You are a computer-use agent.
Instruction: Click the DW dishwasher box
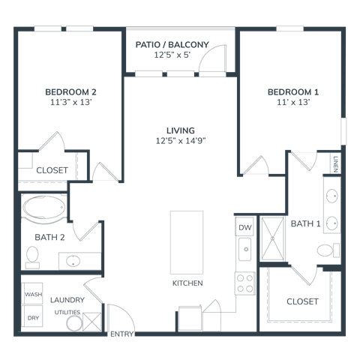tap(244, 226)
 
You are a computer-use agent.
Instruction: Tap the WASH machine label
tap(33, 294)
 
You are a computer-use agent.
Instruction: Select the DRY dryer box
tap(32, 316)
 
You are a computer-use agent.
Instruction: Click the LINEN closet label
tap(335, 164)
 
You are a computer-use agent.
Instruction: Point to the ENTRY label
tap(121, 334)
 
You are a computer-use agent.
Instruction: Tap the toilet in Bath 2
tap(32, 257)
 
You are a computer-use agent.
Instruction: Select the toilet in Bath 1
tap(328, 250)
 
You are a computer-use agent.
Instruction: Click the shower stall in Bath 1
tap(272, 238)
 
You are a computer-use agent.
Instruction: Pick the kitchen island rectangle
tap(187, 242)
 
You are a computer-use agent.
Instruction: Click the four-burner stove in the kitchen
tap(244, 283)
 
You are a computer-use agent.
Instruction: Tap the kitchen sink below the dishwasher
tap(244, 249)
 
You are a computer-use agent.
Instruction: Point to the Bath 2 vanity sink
tap(73, 261)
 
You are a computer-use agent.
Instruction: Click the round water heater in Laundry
tap(74, 323)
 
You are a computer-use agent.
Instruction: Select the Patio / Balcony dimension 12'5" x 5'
tap(172, 55)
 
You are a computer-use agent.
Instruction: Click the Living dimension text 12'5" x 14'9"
tap(181, 141)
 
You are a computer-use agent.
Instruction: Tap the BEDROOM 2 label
tap(70, 92)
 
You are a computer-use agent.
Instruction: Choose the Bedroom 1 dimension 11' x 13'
tap(293, 102)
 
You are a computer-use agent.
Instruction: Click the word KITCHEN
tap(187, 283)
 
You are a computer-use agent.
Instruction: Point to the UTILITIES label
tap(67, 312)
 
